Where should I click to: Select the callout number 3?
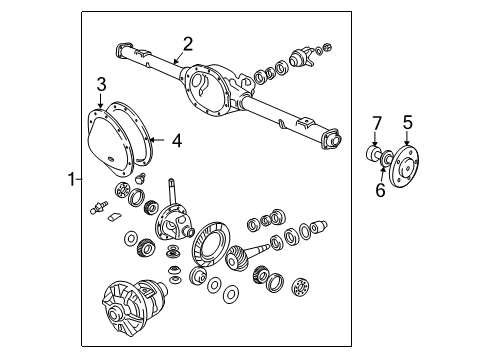tap(101, 83)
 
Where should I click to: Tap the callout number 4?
tap(176, 141)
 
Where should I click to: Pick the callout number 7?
tap(377, 123)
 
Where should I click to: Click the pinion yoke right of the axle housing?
tap(304, 58)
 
